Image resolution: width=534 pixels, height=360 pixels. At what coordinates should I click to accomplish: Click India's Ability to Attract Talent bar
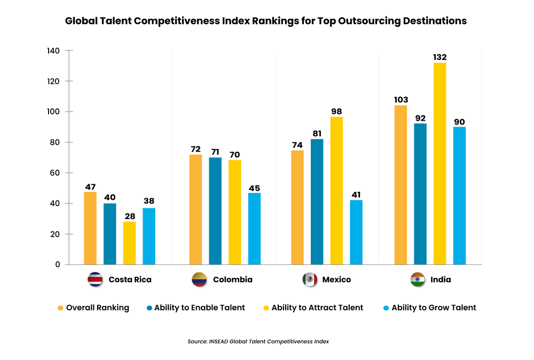point(439,163)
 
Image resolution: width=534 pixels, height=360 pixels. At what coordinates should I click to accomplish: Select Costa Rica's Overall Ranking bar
point(90,228)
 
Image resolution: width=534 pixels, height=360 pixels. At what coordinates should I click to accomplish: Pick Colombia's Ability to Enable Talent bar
point(215,211)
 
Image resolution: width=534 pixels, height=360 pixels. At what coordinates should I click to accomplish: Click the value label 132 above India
point(439,57)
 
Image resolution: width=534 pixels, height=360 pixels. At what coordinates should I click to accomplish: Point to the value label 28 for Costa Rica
point(129,216)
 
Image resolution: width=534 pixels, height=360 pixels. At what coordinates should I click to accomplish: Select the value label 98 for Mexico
point(336,111)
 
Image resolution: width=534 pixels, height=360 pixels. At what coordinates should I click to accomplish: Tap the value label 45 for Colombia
point(254,188)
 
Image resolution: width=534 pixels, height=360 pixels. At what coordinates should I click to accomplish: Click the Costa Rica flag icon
point(95,279)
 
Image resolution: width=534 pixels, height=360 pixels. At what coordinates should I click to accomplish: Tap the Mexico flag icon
point(310,279)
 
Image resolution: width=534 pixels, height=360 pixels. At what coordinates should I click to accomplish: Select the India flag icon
point(418,279)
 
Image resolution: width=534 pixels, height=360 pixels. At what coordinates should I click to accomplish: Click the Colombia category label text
point(232,279)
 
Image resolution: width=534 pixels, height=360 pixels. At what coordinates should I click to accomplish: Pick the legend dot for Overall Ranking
point(60,308)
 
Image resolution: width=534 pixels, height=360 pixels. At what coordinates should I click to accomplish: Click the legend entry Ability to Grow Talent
point(434,308)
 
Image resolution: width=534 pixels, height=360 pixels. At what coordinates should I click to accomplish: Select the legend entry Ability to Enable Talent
point(199,308)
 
